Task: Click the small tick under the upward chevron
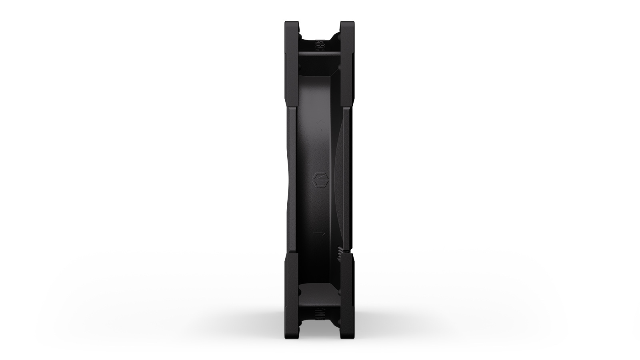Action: pos(320,130)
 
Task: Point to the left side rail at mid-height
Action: pos(291,180)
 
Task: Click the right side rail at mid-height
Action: pos(346,180)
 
